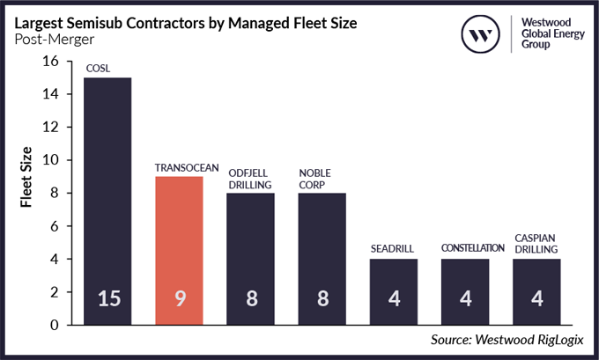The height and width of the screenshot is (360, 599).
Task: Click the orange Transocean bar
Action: [179, 251]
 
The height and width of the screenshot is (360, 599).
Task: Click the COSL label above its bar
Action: [98, 69]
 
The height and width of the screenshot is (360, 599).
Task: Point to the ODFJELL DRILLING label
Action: [251, 178]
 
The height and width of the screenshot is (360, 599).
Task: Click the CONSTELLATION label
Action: [465, 249]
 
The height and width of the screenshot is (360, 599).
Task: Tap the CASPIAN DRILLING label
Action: [536, 244]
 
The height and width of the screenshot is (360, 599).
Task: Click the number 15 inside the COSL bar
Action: [107, 298]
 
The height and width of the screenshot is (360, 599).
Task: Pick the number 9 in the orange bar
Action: [179, 298]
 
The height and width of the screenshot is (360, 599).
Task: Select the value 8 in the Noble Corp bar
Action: [322, 298]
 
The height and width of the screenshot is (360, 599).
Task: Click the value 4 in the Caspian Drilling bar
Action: [536, 298]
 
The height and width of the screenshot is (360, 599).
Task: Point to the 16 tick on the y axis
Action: [50, 62]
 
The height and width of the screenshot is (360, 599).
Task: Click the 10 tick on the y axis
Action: [50, 160]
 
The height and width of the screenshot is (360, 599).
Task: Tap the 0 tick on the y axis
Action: [55, 325]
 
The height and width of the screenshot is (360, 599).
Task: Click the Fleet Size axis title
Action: [27, 176]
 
